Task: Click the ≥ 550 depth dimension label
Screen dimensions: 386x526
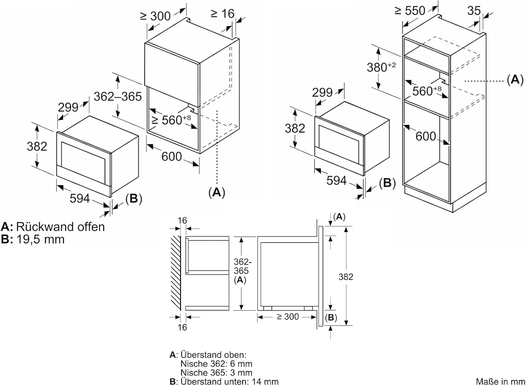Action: (x=410, y=11)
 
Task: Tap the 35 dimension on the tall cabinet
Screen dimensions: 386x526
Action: (x=474, y=11)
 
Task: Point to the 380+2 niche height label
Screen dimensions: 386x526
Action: (x=381, y=67)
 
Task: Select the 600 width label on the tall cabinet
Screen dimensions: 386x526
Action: (x=426, y=136)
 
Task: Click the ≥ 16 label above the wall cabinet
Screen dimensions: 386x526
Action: (x=222, y=14)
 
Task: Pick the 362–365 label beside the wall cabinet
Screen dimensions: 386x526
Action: (x=117, y=96)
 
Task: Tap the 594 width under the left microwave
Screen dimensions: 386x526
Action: (x=80, y=199)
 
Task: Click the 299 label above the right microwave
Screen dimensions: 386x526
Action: (x=322, y=93)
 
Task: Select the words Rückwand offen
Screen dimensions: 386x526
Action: (x=60, y=227)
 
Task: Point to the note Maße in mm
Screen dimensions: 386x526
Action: (x=500, y=381)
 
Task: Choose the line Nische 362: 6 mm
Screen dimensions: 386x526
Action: (x=216, y=364)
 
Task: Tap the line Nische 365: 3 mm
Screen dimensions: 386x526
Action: (x=216, y=373)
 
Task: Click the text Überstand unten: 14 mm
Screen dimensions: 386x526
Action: (x=229, y=381)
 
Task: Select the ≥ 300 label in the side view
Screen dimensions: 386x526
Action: (x=288, y=317)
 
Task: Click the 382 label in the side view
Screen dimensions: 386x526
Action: (x=345, y=277)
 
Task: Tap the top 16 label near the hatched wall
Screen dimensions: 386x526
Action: (x=182, y=221)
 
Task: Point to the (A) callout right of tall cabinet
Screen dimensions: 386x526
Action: (x=515, y=80)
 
